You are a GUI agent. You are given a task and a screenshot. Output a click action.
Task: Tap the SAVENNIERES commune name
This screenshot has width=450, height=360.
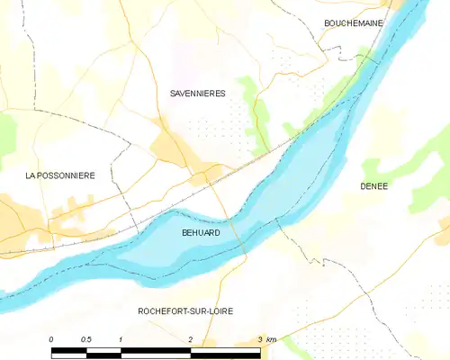[197, 93]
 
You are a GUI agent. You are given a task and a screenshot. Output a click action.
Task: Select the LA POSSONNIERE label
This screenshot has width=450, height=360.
[59, 175]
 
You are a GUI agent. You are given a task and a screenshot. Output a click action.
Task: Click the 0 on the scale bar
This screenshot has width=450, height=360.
[51, 338]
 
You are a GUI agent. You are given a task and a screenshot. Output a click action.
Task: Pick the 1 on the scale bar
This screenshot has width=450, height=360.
[120, 338]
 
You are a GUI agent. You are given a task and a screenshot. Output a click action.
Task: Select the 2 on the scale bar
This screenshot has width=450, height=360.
[190, 338]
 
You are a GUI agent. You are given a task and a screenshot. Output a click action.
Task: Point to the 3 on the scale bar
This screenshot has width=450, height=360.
[260, 338]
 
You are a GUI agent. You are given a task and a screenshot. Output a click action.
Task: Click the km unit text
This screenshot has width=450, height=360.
[272, 338]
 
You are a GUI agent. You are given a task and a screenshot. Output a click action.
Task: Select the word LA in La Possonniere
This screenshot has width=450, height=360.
[31, 175]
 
